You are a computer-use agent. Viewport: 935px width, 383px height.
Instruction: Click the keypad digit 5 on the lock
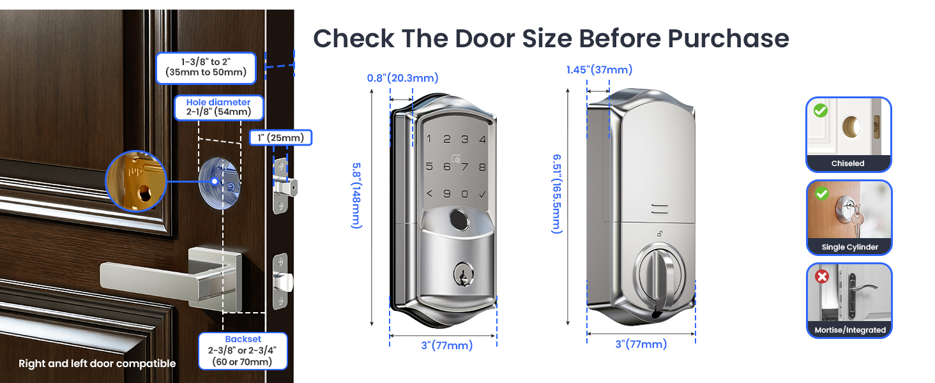(429, 167)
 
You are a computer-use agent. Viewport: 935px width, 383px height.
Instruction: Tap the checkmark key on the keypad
(482, 194)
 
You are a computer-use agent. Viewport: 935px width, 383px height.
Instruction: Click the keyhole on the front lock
(460, 275)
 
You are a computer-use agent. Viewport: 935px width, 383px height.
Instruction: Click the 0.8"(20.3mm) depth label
(402, 78)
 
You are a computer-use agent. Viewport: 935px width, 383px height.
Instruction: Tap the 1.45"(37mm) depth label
(599, 70)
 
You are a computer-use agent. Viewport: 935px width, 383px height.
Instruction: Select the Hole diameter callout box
(218, 107)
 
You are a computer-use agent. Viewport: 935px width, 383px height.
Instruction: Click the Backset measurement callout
(243, 350)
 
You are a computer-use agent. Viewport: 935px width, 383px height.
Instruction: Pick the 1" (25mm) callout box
(280, 137)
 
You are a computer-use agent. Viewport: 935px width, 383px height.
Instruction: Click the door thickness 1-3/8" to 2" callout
(206, 68)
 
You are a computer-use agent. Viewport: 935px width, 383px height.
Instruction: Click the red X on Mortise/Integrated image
(822, 277)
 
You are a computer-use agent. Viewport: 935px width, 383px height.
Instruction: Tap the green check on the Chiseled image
(821, 110)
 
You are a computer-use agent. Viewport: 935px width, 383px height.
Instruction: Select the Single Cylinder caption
(849, 247)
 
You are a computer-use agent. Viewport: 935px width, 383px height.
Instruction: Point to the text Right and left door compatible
(97, 364)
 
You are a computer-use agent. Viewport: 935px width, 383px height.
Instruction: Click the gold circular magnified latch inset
(135, 181)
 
